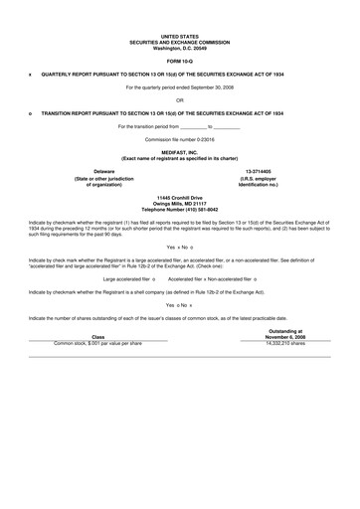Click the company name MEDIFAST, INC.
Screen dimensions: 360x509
pyautogui.click(x=179, y=152)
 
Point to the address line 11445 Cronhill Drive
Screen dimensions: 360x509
pyautogui.click(x=179, y=199)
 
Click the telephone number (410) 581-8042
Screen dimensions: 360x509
pyautogui.click(x=179, y=211)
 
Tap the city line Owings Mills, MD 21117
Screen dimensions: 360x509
pyautogui.click(x=179, y=205)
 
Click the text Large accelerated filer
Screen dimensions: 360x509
pyautogui.click(x=130, y=279)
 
